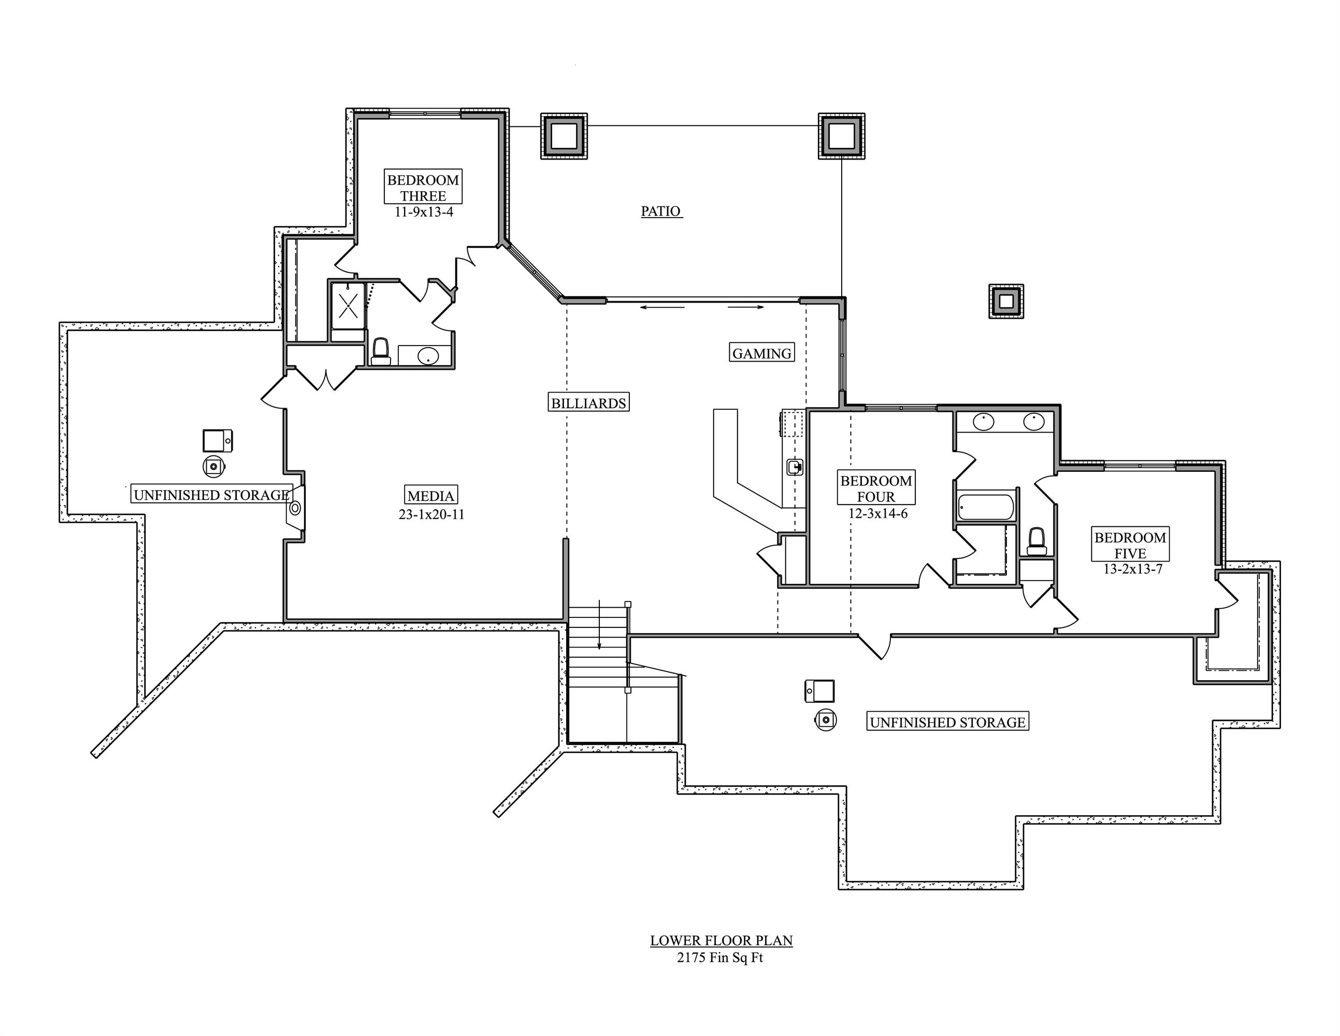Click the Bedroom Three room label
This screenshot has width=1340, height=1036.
[x=423, y=187]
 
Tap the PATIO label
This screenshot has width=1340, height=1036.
[x=661, y=211]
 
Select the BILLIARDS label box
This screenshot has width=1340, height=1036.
[x=588, y=402]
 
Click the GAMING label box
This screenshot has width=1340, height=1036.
[x=761, y=353]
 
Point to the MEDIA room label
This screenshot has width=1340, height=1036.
[x=431, y=495]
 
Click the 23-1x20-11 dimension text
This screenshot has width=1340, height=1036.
[x=431, y=514]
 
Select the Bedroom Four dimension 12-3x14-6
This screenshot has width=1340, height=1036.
[x=877, y=514]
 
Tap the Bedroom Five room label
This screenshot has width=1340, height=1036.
[x=1130, y=544]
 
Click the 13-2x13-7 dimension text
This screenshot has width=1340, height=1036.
[x=1133, y=569]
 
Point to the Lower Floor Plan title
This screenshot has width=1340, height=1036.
[x=721, y=940]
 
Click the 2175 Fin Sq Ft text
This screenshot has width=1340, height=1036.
[x=719, y=957]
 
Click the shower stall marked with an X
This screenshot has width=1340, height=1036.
[x=348, y=305]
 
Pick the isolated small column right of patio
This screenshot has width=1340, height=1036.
[x=1005, y=301]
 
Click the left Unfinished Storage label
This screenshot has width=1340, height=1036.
[x=211, y=495]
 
